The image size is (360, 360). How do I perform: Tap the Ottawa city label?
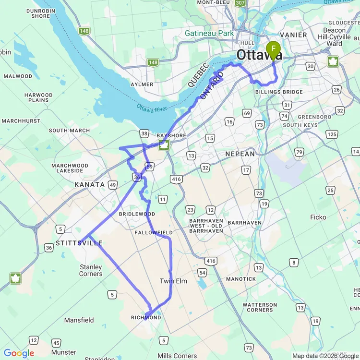pyautogui.click(x=259, y=55)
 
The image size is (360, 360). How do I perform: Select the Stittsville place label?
pyautogui.click(x=79, y=243)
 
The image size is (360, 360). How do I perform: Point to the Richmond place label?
pyautogui.click(x=146, y=318)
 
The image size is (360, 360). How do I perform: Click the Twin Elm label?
pyautogui.click(x=173, y=281)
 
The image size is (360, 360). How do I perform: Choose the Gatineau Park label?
pyautogui.click(x=209, y=34)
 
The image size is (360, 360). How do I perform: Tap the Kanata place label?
pyautogui.click(x=89, y=184)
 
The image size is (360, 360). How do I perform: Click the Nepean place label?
pyautogui.click(x=240, y=154)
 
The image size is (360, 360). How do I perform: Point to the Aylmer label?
pyautogui.click(x=142, y=84)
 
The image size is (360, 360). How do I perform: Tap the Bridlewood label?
pyautogui.click(x=137, y=214)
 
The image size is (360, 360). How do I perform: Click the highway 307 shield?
pyautogui.click(x=240, y=3)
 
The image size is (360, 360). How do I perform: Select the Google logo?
pyautogui.click(x=19, y=354)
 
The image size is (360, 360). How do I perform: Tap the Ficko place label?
pyautogui.click(x=318, y=217)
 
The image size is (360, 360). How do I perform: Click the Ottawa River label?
pyautogui.click(x=151, y=108)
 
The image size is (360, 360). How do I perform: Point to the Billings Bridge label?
pyautogui.click(x=279, y=92)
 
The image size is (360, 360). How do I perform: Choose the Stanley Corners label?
pyautogui.click(x=91, y=270)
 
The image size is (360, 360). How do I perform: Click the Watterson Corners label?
pyautogui.click(x=260, y=307)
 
